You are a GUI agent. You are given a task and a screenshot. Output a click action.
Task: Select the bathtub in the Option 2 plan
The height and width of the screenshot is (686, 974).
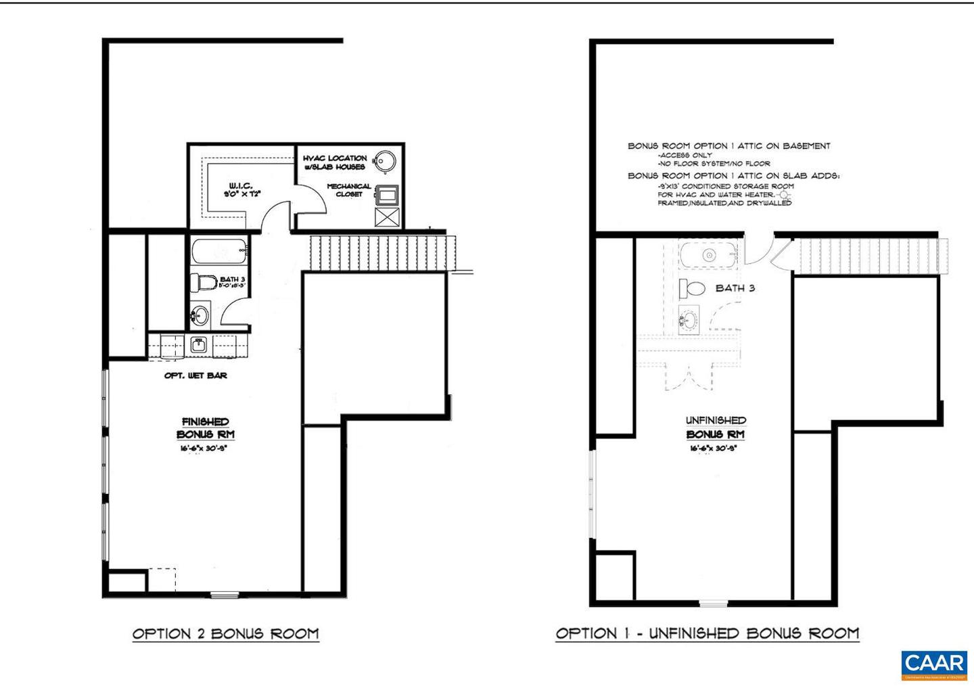[218, 252]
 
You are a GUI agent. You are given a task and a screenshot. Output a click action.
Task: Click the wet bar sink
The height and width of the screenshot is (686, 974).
[198, 345]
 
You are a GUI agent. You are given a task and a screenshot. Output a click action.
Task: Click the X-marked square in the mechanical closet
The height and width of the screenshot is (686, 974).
[387, 218]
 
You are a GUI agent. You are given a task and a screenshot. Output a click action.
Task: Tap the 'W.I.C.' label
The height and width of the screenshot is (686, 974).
[241, 185]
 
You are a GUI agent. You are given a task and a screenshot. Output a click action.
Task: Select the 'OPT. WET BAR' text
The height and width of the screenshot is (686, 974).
[195, 375]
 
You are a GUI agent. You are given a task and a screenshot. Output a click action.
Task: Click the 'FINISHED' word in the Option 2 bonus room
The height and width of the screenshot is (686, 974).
[205, 422]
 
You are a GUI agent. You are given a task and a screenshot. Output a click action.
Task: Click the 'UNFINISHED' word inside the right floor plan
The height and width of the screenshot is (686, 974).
[716, 421]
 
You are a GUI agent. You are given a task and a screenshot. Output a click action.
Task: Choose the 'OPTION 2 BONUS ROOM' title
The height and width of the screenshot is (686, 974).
[225, 634]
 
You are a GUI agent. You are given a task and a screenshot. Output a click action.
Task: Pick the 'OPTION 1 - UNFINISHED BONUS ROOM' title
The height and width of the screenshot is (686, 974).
[707, 634]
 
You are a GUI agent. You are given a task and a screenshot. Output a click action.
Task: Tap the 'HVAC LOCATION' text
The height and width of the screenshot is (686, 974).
[335, 158]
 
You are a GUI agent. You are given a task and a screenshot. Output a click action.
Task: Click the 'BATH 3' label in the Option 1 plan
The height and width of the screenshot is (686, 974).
[735, 288]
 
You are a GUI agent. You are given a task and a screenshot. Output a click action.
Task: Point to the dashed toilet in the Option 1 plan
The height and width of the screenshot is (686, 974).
[693, 289]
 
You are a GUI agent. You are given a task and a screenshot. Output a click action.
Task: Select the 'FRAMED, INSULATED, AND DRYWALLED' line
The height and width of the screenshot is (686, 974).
[724, 203]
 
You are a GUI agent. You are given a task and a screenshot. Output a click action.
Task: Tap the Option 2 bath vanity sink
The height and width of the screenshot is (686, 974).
[200, 315]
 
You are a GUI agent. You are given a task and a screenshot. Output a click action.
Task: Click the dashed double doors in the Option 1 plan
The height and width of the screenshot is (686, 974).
[689, 375]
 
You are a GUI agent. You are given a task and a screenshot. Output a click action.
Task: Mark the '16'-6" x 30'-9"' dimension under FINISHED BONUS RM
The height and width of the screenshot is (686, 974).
[205, 449]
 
